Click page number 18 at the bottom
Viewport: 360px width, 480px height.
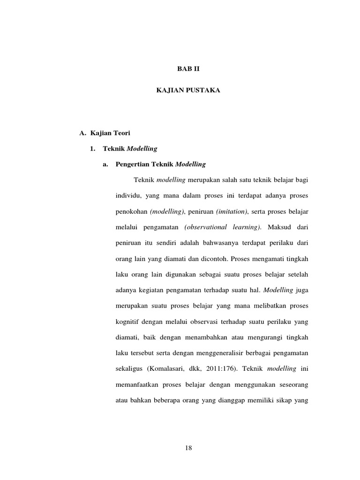pos(188,448)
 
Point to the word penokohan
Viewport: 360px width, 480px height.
pos(131,211)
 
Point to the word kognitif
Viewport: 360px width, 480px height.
pos(129,322)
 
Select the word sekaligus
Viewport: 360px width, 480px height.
pos(129,369)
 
